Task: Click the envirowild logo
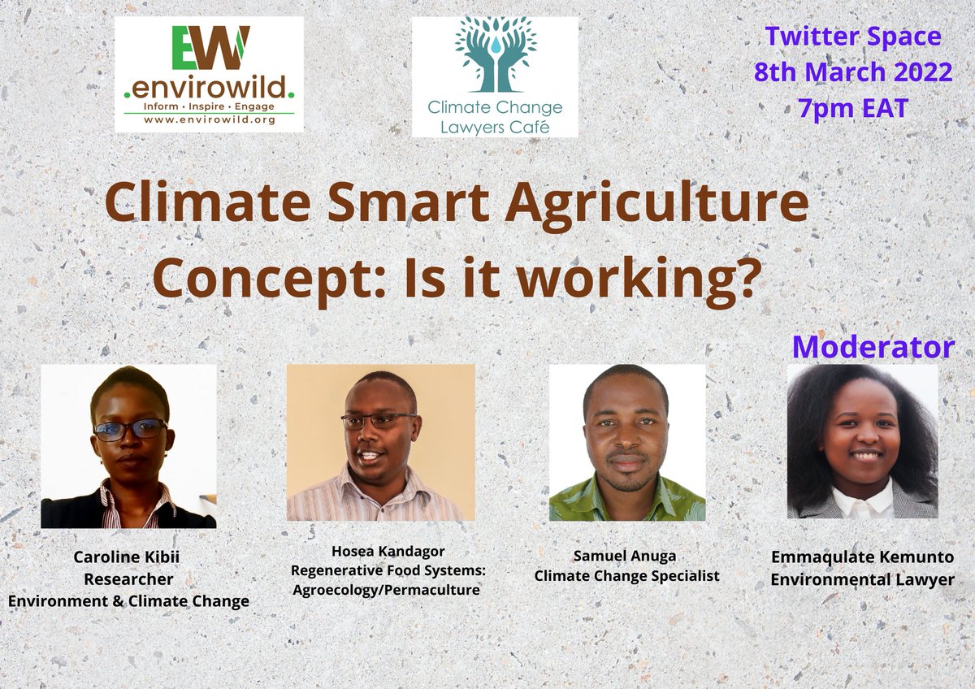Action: point(209,74)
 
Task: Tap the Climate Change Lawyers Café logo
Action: point(495,76)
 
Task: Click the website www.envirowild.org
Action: point(209,119)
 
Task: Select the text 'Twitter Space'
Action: point(852,37)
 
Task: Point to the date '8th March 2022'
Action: point(852,71)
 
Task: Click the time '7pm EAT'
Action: point(852,106)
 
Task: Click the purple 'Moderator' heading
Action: point(873,347)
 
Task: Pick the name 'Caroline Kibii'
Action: point(128,558)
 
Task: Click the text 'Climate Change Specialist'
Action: point(626,576)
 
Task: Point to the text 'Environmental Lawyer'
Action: point(862,579)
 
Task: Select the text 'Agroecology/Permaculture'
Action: point(388,589)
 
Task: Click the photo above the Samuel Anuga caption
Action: point(627,442)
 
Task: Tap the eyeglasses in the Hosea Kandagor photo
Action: point(378,421)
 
